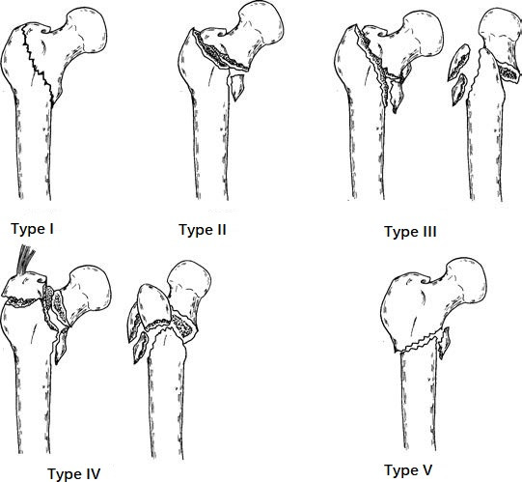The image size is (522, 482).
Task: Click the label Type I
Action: click(32, 229)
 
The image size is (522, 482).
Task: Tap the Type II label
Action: click(203, 230)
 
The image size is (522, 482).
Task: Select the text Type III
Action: click(410, 231)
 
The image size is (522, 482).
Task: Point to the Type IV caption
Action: click(74, 473)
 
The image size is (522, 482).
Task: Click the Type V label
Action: click(408, 470)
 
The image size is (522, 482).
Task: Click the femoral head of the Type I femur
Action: click(87, 29)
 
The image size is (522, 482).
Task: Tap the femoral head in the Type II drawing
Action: click(261, 23)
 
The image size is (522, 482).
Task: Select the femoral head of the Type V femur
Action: click(466, 281)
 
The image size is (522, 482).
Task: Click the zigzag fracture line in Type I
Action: click(38, 64)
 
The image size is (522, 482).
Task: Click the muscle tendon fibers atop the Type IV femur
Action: click(27, 258)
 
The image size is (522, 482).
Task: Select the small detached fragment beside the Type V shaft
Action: click(444, 343)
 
